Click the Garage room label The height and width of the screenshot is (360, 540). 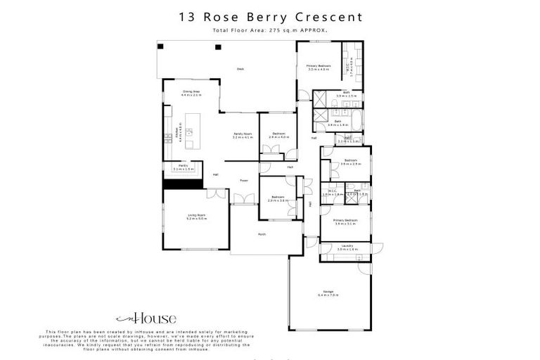(x=328, y=291)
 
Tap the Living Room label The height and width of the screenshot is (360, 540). (x=196, y=215)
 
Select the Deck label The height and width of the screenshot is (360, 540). (x=240, y=69)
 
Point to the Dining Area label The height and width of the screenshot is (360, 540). (x=191, y=91)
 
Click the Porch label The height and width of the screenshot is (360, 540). (x=262, y=234)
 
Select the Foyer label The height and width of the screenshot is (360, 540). (x=244, y=181)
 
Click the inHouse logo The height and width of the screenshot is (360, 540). (x=146, y=319)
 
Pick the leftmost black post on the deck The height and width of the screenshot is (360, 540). (x=160, y=46)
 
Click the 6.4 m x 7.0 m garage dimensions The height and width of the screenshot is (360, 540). (x=328, y=295)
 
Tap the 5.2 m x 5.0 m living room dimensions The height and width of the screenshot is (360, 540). (x=196, y=219)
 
